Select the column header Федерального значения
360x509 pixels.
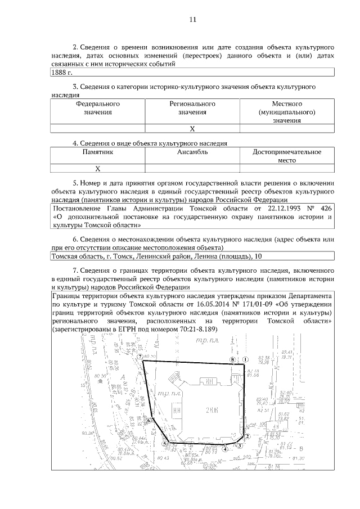97,108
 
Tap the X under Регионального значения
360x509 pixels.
192,128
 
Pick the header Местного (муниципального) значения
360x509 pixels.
287,112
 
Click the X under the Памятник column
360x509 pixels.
97,168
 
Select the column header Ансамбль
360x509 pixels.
192,152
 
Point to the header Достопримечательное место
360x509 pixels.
287,156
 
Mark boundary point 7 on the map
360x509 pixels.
139,357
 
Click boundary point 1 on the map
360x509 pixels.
245,358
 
